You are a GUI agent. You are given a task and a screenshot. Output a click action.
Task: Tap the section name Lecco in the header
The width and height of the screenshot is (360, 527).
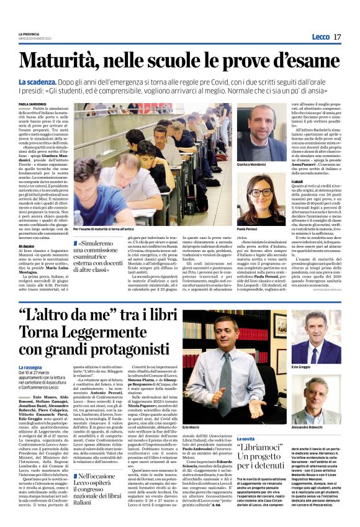(x=321, y=37)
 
